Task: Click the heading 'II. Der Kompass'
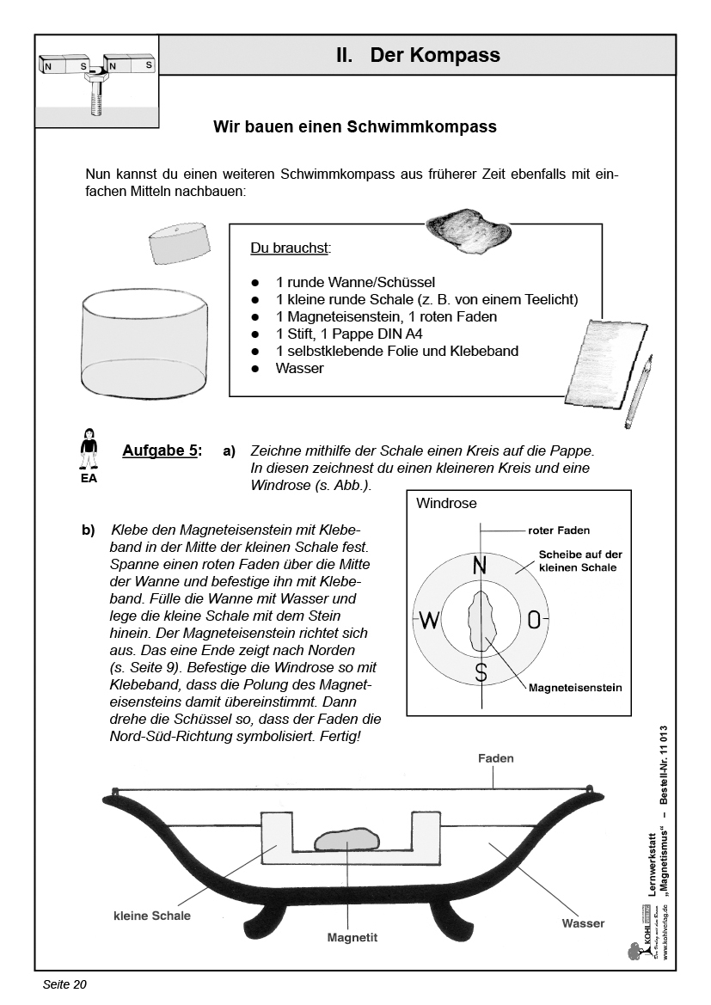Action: pyautogui.click(x=418, y=56)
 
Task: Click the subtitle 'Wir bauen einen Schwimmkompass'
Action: pyautogui.click(x=355, y=127)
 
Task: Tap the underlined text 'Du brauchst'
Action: pyautogui.click(x=291, y=248)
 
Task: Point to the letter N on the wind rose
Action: pyautogui.click(x=481, y=566)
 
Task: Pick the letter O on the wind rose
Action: pyautogui.click(x=534, y=620)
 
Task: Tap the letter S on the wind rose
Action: pyautogui.click(x=481, y=672)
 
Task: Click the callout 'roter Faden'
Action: pyautogui.click(x=559, y=530)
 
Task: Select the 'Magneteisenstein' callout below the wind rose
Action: pyautogui.click(x=575, y=688)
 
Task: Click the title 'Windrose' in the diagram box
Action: pyautogui.click(x=446, y=504)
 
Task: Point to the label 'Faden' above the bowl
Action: pyautogui.click(x=495, y=758)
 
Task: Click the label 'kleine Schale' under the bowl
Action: pyautogui.click(x=152, y=916)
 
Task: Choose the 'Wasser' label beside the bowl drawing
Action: pyautogui.click(x=583, y=923)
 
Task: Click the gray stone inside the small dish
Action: pyautogui.click(x=346, y=839)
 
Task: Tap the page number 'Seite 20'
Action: pyautogui.click(x=64, y=984)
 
